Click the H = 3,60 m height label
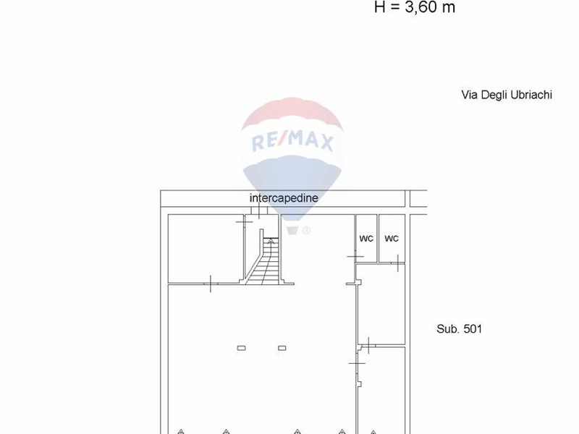[414, 7]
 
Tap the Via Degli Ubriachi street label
[507, 95]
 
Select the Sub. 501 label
[459, 329]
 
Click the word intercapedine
[284, 198]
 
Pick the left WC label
[366, 239]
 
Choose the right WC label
[392, 239]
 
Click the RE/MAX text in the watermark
[292, 141]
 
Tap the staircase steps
[263, 261]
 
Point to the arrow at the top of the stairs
[271, 242]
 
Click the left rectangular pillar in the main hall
[241, 348]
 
